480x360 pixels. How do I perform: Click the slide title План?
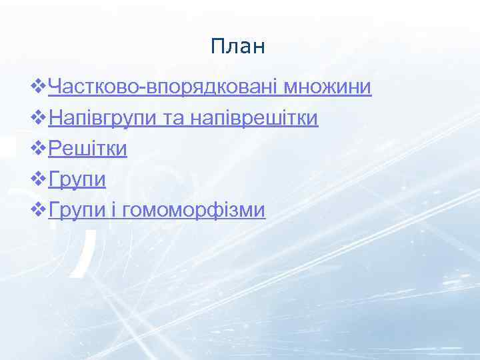(237, 46)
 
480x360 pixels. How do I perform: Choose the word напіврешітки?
(254, 119)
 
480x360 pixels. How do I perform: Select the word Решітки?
(88, 149)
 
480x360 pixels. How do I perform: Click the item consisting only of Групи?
(77, 180)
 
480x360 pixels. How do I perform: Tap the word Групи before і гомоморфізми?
(77, 211)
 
